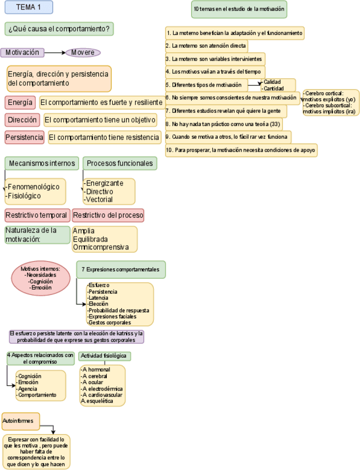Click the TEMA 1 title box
tap(28, 7)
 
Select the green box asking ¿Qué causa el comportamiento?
tap(59, 29)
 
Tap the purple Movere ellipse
tap(83, 53)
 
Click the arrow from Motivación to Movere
tap(55, 53)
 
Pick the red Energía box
tap(21, 103)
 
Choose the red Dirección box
tap(23, 120)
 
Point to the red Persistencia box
tap(24, 137)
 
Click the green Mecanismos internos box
tap(42, 163)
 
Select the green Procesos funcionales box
tap(119, 163)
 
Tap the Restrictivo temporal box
tap(37, 215)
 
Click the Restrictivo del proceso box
tap(108, 215)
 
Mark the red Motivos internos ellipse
tap(41, 278)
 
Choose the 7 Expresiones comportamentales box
tap(121, 269)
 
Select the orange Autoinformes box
tap(21, 422)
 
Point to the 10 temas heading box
tap(239, 9)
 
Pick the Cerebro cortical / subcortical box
tap(331, 102)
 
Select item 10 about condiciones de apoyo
tap(241, 150)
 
